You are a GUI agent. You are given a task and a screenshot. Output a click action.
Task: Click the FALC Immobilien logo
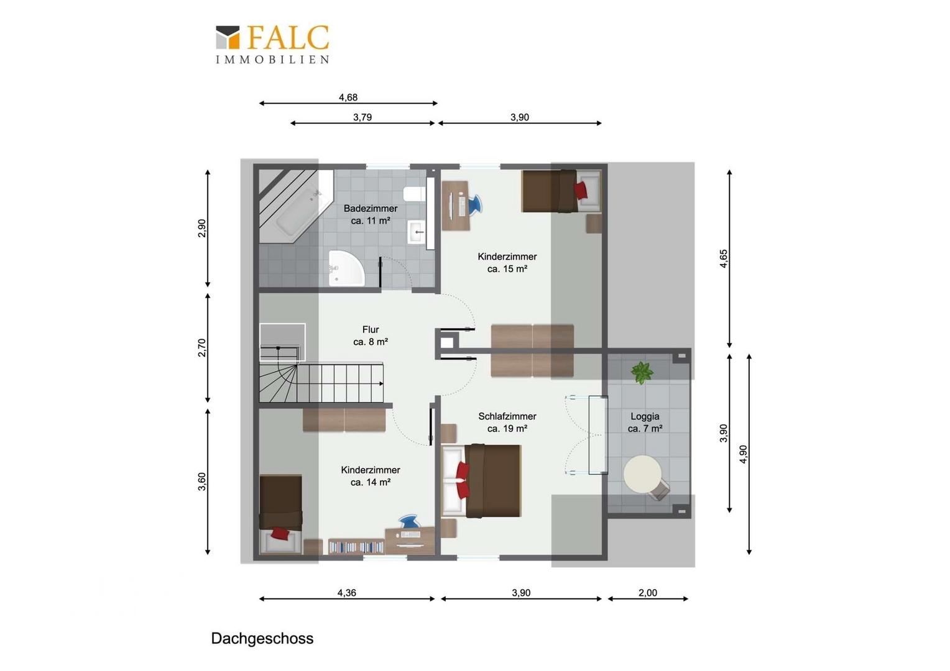pyautogui.click(x=273, y=44)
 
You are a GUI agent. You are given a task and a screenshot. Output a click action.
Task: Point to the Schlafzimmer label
pyautogui.click(x=507, y=416)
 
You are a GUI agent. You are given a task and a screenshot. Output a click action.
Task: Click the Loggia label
pyautogui.click(x=645, y=416)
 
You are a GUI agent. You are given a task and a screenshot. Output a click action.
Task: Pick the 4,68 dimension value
pyautogui.click(x=348, y=98)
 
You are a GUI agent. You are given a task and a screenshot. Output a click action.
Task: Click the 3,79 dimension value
pyautogui.click(x=362, y=117)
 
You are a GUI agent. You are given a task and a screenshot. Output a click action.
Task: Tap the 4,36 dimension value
pyautogui.click(x=346, y=593)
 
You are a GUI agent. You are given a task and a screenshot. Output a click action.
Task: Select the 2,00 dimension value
pyautogui.click(x=648, y=593)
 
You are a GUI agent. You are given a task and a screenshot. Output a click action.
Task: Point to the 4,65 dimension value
pyautogui.click(x=724, y=258)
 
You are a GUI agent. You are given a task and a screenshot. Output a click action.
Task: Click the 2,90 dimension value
pyautogui.click(x=202, y=228)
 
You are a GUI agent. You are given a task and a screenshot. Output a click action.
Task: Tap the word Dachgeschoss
pyautogui.click(x=262, y=638)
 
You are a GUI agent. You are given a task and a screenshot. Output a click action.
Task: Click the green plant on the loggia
pyautogui.click(x=642, y=373)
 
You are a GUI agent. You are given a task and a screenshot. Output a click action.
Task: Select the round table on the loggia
pyautogui.click(x=642, y=474)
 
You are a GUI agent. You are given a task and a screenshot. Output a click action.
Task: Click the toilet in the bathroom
pyautogui.click(x=414, y=194)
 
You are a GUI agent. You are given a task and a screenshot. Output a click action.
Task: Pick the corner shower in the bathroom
pyautogui.click(x=346, y=268)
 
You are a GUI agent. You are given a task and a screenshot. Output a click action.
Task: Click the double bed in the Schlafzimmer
pyautogui.click(x=481, y=481)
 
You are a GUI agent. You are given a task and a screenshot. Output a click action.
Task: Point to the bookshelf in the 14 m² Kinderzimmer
pyautogui.click(x=356, y=546)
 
